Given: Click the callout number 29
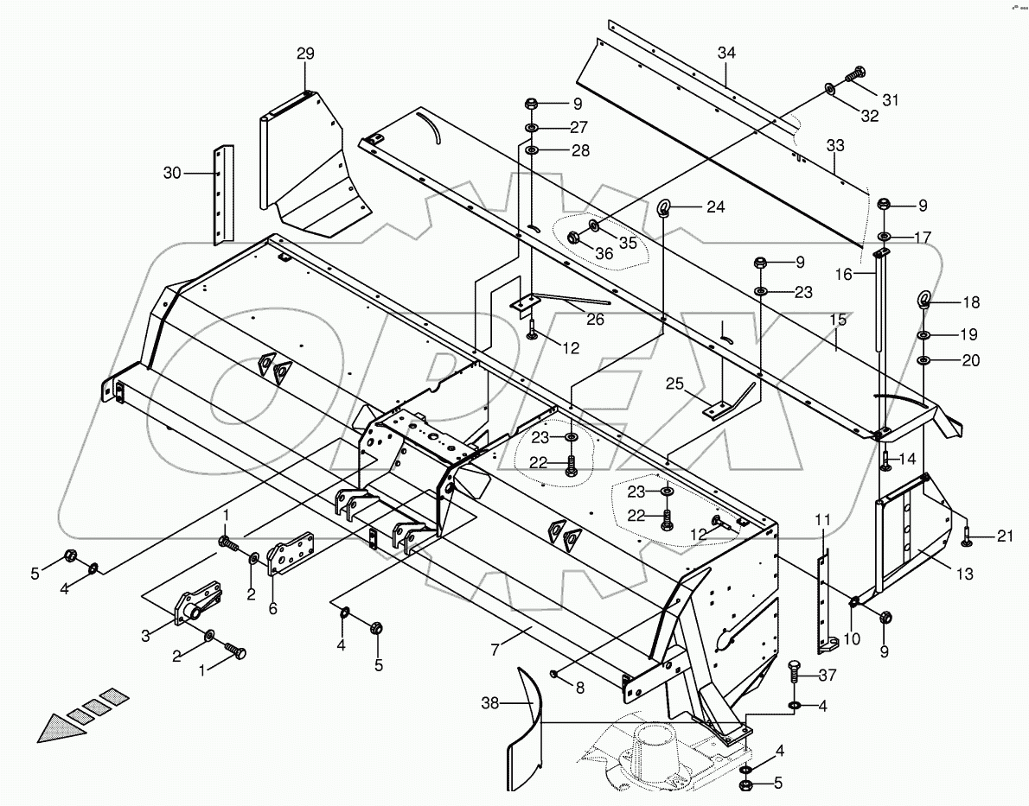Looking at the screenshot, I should tap(305, 54).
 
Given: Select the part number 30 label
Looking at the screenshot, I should tap(174, 173).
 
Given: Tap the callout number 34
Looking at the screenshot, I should tap(725, 54).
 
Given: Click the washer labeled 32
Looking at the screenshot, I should tap(829, 89).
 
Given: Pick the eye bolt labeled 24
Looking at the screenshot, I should tap(665, 207).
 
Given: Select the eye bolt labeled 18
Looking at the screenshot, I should tap(924, 301).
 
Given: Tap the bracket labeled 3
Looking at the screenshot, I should tap(192, 607).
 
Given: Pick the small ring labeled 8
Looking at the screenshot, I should tap(553, 674).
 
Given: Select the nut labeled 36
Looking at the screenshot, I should tap(574, 238).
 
